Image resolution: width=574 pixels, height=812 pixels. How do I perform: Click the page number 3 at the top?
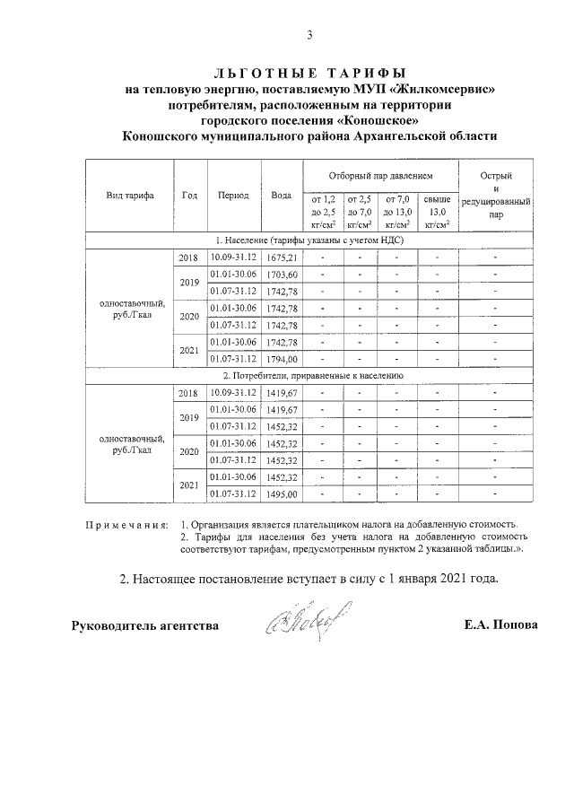pyautogui.click(x=309, y=36)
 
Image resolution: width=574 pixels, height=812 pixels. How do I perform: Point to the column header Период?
pyautogui.click(x=233, y=195)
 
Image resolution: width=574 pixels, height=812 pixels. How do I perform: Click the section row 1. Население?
pyautogui.click(x=310, y=240)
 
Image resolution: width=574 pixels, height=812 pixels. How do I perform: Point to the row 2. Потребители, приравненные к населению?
pyautogui.click(x=310, y=376)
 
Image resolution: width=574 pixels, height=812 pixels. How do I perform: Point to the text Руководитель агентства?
pyautogui.click(x=144, y=624)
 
